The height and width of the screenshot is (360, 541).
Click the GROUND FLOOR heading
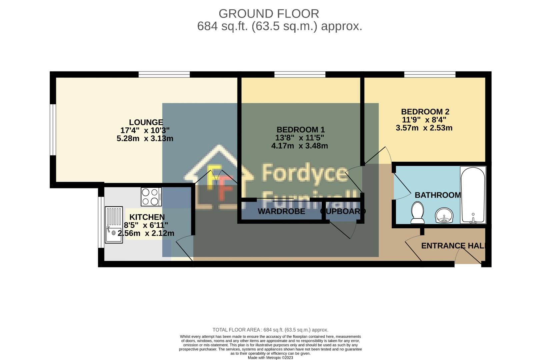[269, 14]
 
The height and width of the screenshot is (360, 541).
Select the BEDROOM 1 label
[300, 130]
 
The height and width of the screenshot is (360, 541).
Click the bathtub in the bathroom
[473, 195]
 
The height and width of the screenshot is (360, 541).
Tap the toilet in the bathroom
[417, 213]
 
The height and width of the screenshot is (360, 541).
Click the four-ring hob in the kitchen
[151, 197]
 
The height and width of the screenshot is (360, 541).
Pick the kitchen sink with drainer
[114, 224]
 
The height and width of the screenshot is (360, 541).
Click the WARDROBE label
[281, 211]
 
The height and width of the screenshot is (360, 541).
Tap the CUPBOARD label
[343, 211]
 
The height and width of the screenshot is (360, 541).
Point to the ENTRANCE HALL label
[453, 246]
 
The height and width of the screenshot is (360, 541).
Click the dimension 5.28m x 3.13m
[145, 138]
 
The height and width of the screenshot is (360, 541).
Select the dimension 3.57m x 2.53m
[424, 128]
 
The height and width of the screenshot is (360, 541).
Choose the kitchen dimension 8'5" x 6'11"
[146, 225]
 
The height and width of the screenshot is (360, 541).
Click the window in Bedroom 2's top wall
[430, 74]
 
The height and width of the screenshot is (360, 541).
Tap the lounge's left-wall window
[53, 130]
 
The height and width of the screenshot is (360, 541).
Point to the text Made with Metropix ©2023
[270, 358]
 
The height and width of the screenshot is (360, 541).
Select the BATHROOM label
[437, 195]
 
